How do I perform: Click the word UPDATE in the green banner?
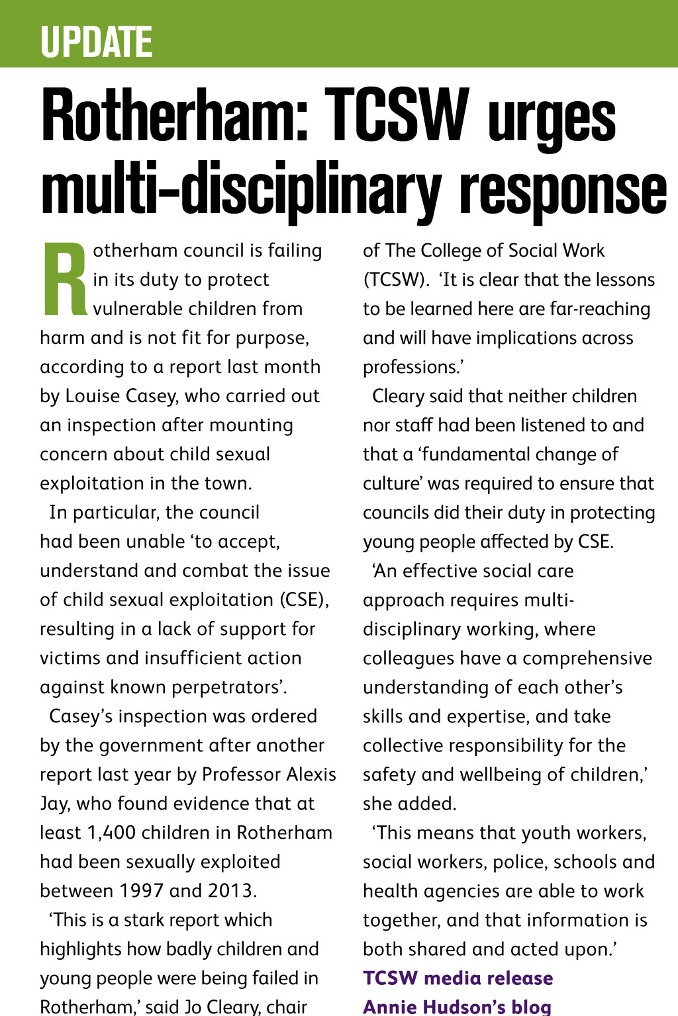click(x=97, y=42)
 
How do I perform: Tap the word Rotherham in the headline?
click(x=174, y=116)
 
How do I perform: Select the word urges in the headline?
click(x=552, y=119)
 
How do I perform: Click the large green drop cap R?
click(x=64, y=278)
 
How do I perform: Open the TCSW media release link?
click(x=458, y=978)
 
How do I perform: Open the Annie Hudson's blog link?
click(x=457, y=1007)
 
